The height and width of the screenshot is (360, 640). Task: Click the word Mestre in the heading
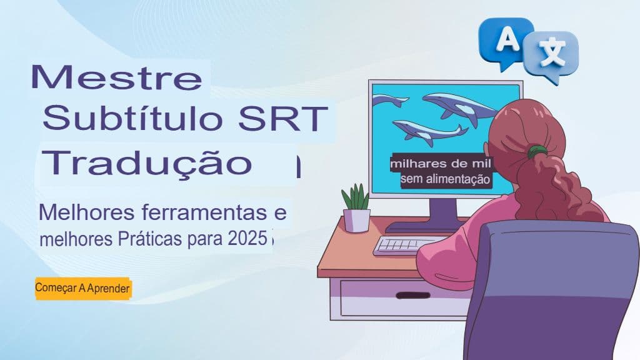coord(117,78)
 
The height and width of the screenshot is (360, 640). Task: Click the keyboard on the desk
coord(407,246)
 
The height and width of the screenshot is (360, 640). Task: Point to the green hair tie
coord(536,151)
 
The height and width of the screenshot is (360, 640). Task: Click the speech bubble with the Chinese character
coord(551,56)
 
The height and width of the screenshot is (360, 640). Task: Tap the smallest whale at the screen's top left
coord(390,101)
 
